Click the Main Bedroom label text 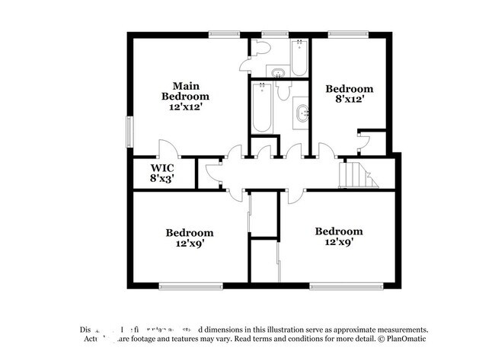click(x=185, y=91)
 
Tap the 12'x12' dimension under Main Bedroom click(x=185, y=107)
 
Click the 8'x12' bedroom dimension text click(x=350, y=99)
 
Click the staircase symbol click(x=358, y=174)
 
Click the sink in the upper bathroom click(x=277, y=72)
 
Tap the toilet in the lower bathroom click(x=283, y=92)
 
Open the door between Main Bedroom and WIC click(x=166, y=149)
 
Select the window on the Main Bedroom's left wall click(x=129, y=130)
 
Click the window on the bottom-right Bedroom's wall click(x=334, y=286)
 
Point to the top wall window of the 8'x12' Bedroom click(x=348, y=33)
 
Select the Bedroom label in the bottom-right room click(x=339, y=231)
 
